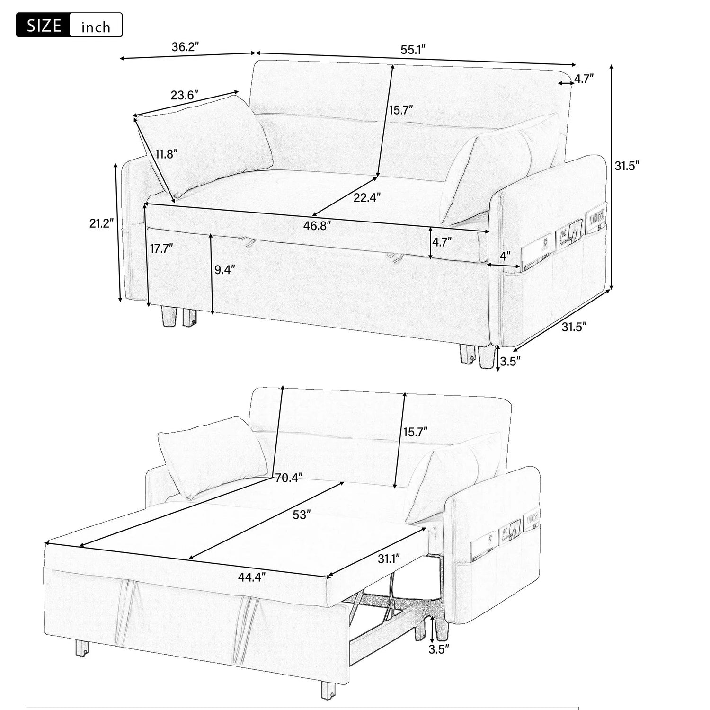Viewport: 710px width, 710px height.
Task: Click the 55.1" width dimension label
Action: (x=413, y=50)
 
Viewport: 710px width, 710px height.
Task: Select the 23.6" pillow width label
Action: (x=184, y=95)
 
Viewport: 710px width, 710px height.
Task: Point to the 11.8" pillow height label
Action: (x=167, y=154)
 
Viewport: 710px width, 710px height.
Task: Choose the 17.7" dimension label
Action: (x=161, y=248)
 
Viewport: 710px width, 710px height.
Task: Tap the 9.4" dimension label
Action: (x=224, y=270)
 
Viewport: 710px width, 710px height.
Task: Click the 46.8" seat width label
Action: (x=317, y=225)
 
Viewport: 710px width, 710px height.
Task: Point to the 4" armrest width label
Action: (x=505, y=256)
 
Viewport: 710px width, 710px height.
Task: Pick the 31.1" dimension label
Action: (x=389, y=559)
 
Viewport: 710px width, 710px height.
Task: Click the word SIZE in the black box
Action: (x=44, y=26)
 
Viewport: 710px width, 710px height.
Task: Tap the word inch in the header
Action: (x=96, y=27)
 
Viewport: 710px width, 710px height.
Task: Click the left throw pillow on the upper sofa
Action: (x=205, y=144)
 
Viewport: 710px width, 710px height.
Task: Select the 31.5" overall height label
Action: (x=627, y=166)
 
